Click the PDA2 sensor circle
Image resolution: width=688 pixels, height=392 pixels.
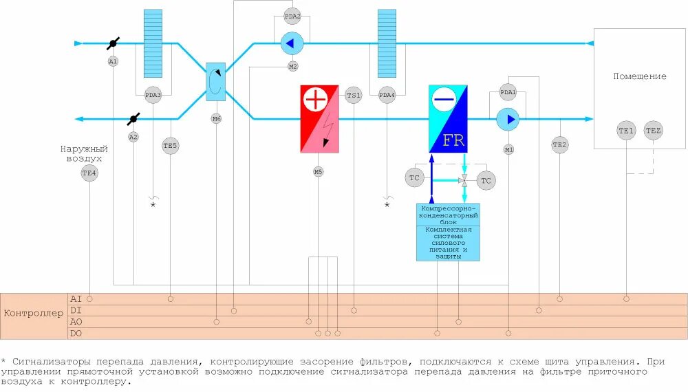click(292, 16)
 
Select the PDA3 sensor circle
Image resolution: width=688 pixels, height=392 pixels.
click(153, 95)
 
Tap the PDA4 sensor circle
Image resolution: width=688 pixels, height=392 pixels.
click(387, 95)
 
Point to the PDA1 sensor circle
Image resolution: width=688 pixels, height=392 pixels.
click(508, 92)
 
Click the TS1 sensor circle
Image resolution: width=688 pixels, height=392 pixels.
click(353, 95)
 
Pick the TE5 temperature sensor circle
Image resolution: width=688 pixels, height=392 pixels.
click(170, 145)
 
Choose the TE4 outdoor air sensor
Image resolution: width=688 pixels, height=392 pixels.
click(89, 173)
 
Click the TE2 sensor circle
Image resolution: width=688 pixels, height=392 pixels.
click(560, 144)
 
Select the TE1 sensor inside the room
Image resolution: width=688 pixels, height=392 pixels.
click(626, 130)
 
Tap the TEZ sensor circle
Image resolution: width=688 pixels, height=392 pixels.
click(653, 130)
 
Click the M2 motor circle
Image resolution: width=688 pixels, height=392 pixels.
click(292, 67)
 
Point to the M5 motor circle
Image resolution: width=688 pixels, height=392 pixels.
click(318, 171)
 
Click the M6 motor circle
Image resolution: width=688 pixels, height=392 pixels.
click(216, 119)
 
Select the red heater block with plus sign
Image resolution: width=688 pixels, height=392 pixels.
click(319, 118)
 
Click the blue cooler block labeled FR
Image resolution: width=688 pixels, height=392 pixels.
click(448, 118)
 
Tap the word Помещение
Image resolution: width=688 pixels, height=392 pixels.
click(640, 76)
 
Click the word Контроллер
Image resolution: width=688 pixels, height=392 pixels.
click(34, 314)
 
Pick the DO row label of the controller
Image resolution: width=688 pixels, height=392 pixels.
click(76, 334)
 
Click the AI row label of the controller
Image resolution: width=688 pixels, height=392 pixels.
click(76, 298)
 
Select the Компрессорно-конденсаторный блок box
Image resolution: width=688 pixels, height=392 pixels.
click(448, 214)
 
